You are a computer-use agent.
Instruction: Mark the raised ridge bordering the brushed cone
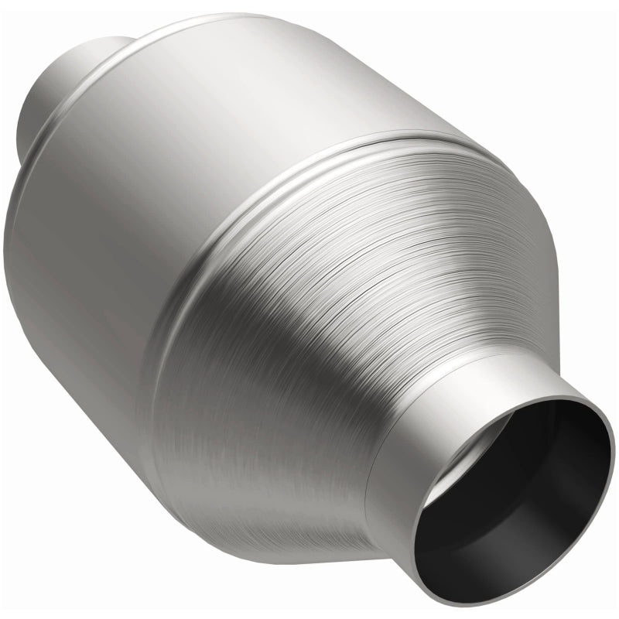[255, 217]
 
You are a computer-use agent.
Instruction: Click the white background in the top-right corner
[596, 23]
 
